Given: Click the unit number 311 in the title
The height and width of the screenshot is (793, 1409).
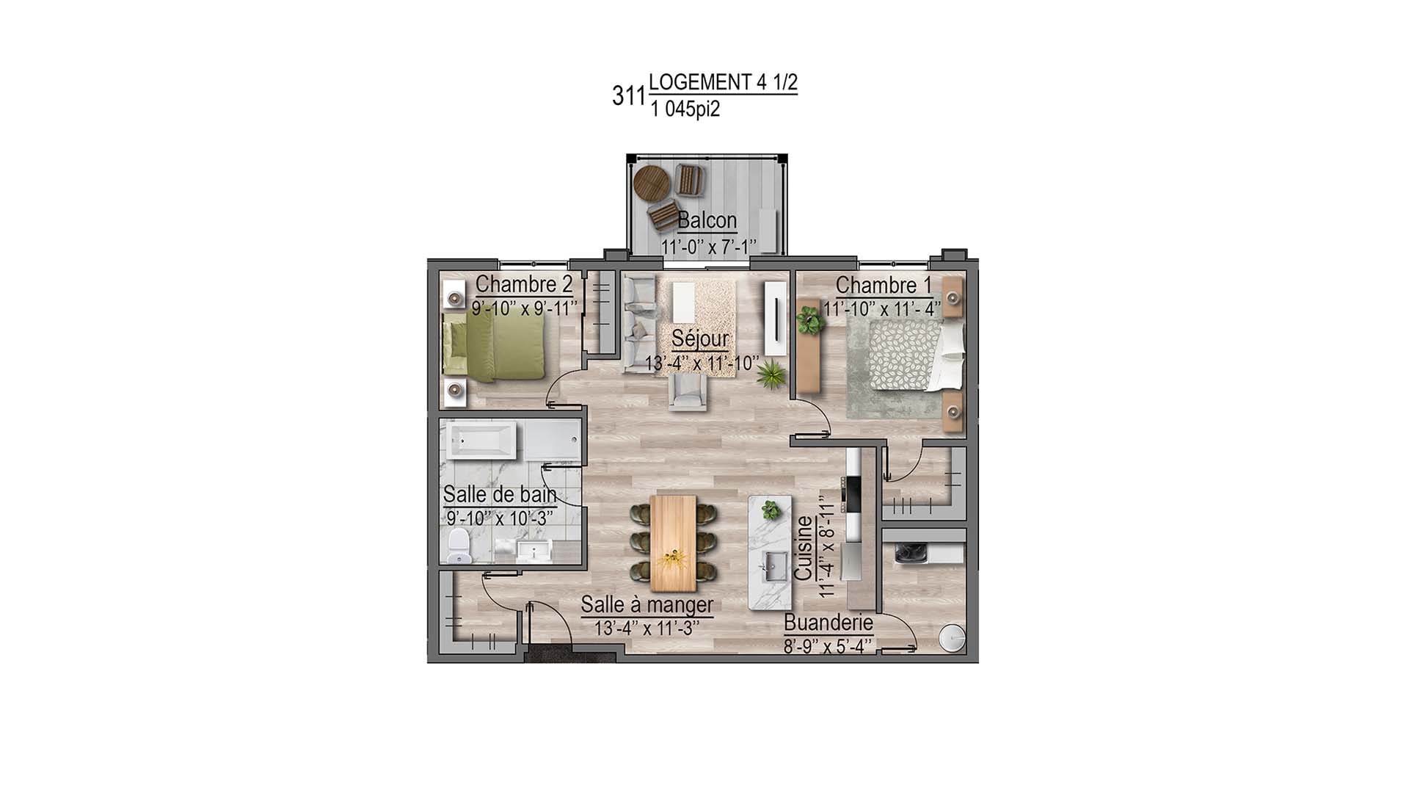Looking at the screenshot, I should [628, 96].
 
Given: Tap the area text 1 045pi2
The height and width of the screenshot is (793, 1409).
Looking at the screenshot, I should [685, 109].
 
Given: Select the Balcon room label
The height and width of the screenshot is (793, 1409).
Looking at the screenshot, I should [707, 220].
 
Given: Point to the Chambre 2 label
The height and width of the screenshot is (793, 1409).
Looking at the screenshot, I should [524, 284].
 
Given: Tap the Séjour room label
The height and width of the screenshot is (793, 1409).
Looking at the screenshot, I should [700, 339].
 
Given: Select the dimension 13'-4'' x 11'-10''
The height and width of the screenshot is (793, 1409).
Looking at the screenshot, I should [701, 363].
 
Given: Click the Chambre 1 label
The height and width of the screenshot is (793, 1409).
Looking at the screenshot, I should [884, 285].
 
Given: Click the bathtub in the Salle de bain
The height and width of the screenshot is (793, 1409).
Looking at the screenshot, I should [482, 441].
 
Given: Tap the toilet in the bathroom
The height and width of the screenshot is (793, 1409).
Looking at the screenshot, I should [459, 546].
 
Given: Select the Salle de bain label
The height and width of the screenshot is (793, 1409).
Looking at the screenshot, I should [500, 495].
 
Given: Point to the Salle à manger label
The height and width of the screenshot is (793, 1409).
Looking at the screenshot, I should [647, 605].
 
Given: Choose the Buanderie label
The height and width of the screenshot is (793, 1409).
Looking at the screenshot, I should [829, 623].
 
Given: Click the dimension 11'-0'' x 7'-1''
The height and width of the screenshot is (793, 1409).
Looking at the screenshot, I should [708, 247].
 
